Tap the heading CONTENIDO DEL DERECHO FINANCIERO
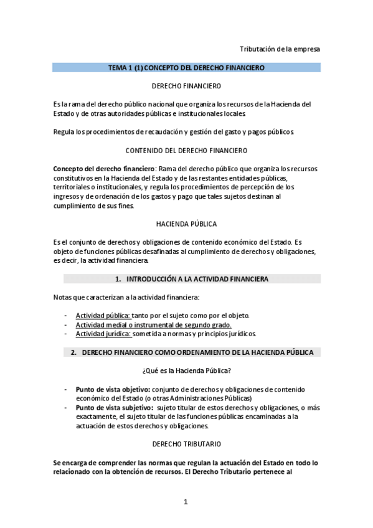pyautogui.click(x=186, y=150)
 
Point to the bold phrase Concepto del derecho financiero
pyautogui.click(x=103, y=168)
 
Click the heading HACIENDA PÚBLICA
pyautogui.click(x=186, y=224)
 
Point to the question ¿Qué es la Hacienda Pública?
pyautogui.click(x=186, y=371)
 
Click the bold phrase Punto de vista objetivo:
pyautogui.click(x=113, y=389)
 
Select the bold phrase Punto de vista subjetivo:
pyautogui.click(x=115, y=407)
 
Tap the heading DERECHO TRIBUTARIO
pyautogui.click(x=186, y=445)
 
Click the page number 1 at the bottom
pyautogui.click(x=185, y=502)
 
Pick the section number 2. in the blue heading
pyautogui.click(x=73, y=352)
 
